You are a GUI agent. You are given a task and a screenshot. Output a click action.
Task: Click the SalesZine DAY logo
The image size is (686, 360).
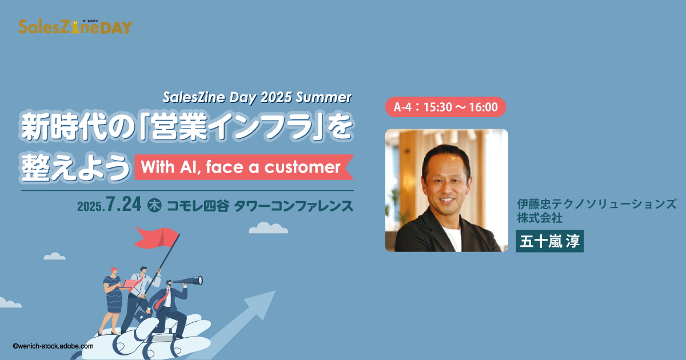[75, 27]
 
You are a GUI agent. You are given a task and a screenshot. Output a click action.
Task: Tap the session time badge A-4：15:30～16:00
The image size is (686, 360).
[445, 107]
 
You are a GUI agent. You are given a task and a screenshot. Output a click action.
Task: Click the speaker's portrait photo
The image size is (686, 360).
[446, 190]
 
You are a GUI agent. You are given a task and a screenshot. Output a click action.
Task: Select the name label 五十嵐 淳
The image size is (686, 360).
[550, 241]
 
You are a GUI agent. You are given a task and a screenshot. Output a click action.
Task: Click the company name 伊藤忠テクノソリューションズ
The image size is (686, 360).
[597, 204]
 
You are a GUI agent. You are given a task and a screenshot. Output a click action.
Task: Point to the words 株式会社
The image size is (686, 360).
[540, 218]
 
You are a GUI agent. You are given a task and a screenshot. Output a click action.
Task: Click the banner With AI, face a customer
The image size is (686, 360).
[244, 167]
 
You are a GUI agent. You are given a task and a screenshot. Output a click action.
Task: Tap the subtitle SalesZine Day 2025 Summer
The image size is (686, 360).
[257, 97]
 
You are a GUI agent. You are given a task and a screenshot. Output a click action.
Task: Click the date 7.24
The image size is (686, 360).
[123, 204]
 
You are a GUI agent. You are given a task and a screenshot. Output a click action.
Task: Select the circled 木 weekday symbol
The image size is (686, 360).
[154, 205]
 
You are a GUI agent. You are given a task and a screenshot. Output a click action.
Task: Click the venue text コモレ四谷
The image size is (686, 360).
[198, 206]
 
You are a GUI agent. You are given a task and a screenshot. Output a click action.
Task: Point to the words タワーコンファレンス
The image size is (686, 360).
[294, 206]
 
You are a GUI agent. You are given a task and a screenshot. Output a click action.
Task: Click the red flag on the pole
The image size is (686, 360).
[156, 238]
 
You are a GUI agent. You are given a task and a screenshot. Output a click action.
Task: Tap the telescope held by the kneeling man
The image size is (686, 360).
[188, 281]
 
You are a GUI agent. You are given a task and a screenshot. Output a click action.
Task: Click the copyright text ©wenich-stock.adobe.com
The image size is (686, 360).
[53, 346]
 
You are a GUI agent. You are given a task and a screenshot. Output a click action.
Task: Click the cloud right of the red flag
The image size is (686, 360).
[268, 228]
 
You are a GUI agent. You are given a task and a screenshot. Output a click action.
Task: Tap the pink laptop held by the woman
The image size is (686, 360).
[129, 284]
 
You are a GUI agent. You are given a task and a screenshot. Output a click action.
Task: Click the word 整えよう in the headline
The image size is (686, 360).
[75, 167]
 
